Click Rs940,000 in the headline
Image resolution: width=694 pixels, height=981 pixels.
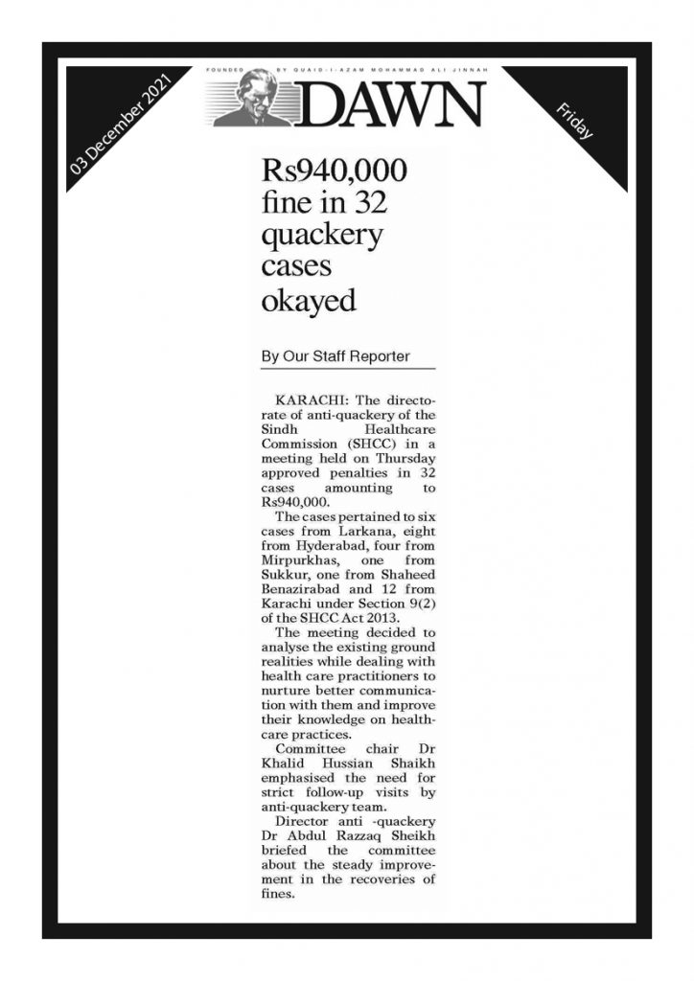coord(335,172)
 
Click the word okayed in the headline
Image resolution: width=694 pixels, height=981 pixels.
coord(308,300)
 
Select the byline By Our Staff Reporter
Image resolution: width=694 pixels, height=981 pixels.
coord(335,356)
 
